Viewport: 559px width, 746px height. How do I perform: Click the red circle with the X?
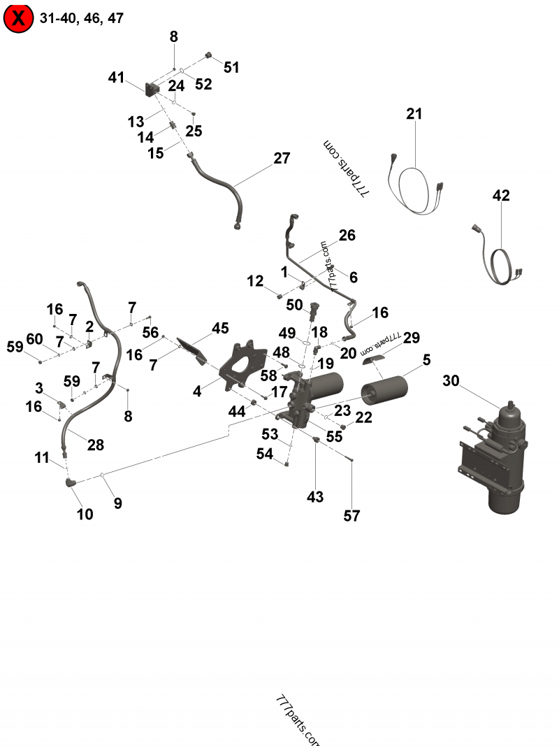tap(18, 18)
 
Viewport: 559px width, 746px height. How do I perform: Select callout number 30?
tap(451, 381)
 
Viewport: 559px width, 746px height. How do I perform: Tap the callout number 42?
tap(501, 196)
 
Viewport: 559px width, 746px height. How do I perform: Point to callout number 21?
tap(414, 114)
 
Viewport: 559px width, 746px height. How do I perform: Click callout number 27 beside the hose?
tap(282, 158)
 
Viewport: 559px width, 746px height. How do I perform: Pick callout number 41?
tap(116, 78)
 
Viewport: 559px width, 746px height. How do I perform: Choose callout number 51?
tap(231, 68)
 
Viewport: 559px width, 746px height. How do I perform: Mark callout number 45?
tap(220, 328)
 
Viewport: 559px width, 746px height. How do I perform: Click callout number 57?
tap(351, 516)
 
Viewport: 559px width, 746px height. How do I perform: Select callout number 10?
tap(85, 514)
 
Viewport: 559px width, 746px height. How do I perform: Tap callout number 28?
tap(95, 445)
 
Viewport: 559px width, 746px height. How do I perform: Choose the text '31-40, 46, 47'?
tap(82, 18)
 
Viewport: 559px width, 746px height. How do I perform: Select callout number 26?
tap(347, 236)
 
